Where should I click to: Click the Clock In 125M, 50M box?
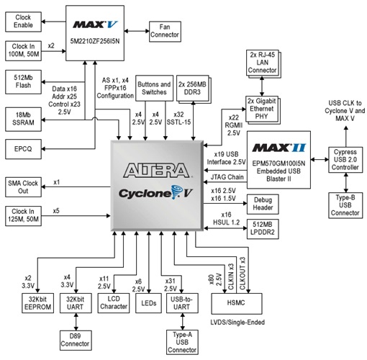point(25,214)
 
